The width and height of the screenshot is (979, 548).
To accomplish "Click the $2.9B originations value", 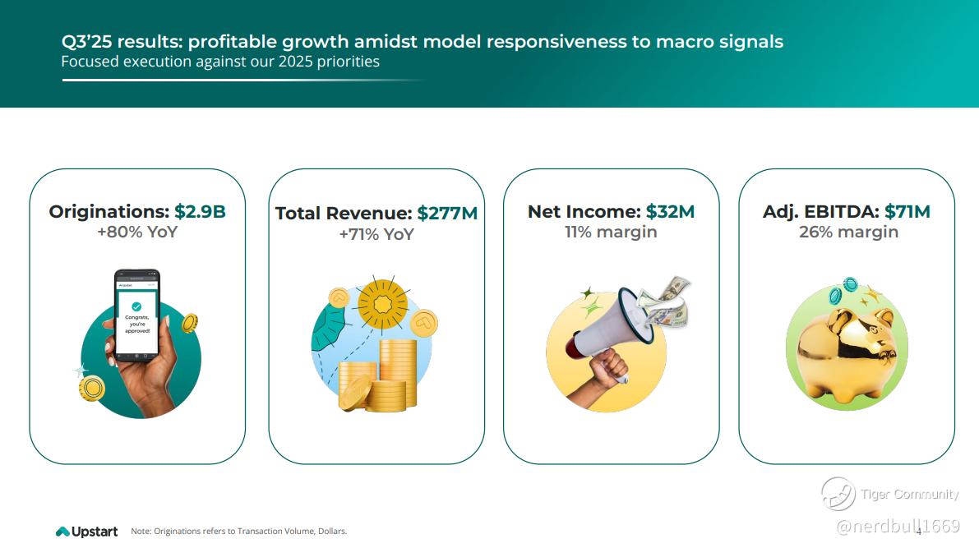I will (200, 212).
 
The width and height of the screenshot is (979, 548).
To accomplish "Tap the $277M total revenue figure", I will (447, 214).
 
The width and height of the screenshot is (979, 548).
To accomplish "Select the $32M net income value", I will (670, 212).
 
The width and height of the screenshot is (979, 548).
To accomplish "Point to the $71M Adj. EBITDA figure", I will (907, 212).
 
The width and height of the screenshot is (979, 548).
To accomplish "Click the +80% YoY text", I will (137, 233).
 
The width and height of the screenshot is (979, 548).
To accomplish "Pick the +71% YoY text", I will (376, 235).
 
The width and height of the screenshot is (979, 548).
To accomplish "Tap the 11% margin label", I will (611, 233).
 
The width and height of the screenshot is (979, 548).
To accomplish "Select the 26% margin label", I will (848, 233).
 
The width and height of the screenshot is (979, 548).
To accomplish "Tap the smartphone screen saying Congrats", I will (136, 316).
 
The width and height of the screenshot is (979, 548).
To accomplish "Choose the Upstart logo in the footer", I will (87, 532).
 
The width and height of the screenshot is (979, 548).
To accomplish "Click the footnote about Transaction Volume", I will (238, 532).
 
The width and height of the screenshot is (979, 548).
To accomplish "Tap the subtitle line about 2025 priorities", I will (220, 62).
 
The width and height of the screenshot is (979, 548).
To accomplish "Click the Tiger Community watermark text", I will (909, 495).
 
